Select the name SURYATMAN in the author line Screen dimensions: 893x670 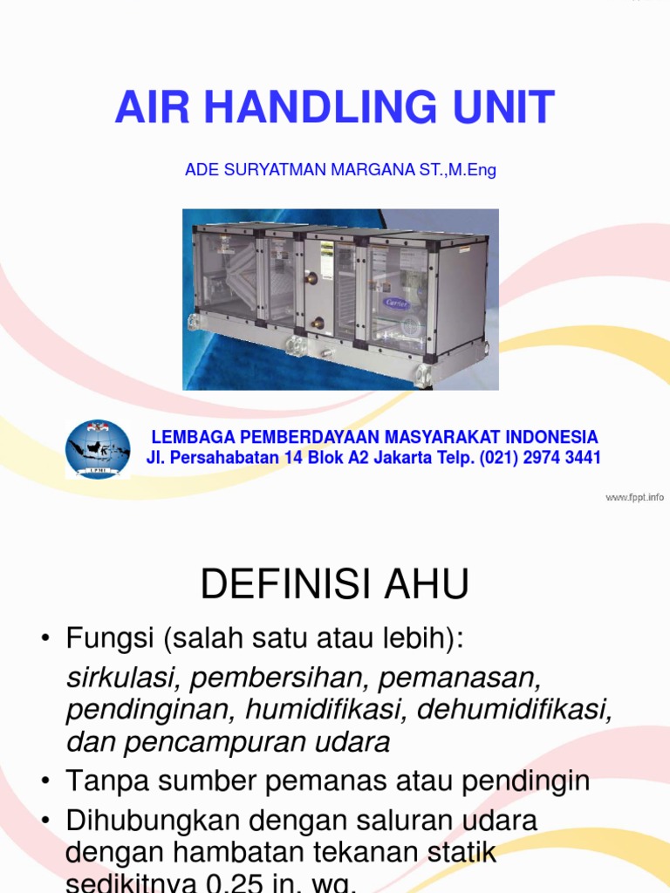pyautogui.click(x=272, y=170)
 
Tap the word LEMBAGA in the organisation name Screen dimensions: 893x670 pyautogui.click(x=189, y=437)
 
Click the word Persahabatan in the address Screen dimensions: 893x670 pyautogui.click(x=218, y=458)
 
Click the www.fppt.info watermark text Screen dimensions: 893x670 pyautogui.click(x=634, y=497)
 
